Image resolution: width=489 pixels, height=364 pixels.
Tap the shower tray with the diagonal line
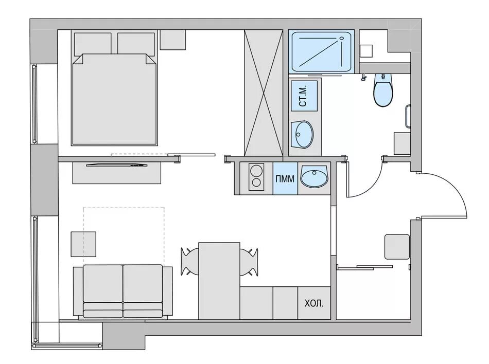point(321,52)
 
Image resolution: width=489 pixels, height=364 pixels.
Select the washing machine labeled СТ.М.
point(304,96)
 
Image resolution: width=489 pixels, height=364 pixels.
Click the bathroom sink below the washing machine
point(302,135)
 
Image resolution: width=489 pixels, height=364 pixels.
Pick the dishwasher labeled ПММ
point(285,178)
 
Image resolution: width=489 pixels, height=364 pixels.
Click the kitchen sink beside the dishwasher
point(315,176)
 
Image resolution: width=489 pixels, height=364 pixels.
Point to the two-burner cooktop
point(256,176)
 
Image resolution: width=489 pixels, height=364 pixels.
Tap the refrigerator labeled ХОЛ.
point(314,303)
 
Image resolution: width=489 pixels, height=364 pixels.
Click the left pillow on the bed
point(93,44)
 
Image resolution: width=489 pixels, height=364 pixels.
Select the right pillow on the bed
point(136,44)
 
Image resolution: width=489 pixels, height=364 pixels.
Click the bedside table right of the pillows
point(173,40)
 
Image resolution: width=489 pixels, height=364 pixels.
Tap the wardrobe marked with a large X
point(264,93)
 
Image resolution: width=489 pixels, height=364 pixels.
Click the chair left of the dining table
point(189,261)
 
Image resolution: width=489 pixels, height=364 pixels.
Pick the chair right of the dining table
point(249,262)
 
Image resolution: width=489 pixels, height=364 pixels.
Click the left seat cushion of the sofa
point(103,283)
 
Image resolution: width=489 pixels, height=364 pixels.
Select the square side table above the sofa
point(83,244)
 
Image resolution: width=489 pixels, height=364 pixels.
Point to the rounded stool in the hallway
point(397,247)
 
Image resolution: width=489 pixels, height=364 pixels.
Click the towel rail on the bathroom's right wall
point(408,116)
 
